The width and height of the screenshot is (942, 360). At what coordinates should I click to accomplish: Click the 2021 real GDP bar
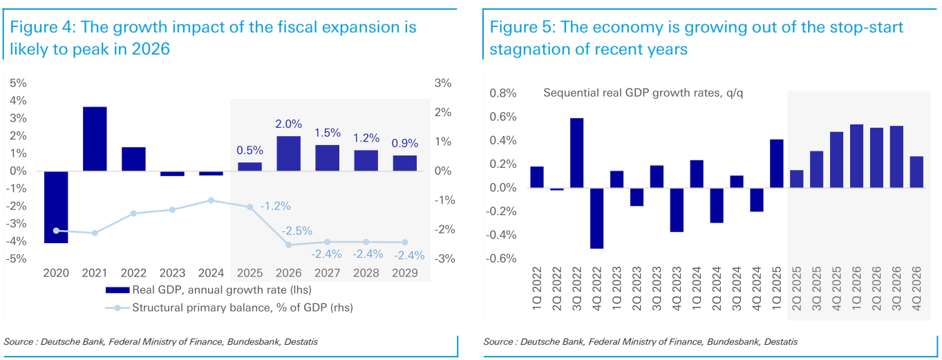95,139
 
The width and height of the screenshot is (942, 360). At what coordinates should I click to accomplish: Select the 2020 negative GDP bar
56,207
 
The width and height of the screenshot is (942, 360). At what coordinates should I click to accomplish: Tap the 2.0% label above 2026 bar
288,124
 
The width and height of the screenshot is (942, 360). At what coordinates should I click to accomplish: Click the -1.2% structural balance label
276,206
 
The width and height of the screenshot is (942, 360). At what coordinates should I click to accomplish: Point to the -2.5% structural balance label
298,231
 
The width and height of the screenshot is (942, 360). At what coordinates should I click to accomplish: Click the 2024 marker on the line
211,200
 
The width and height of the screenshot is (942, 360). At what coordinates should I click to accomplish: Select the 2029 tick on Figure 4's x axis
405,274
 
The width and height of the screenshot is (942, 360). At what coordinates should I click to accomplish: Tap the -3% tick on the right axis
442,259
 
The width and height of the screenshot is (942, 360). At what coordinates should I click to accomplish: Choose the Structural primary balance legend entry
228,307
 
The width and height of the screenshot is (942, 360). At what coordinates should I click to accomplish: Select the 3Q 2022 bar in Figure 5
576,153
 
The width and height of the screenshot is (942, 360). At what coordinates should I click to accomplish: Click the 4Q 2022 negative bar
596,218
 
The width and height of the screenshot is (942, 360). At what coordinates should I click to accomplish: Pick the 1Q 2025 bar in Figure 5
776,164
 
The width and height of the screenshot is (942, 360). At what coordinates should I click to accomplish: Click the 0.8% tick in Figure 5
503,93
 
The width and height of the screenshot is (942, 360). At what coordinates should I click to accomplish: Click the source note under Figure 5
640,342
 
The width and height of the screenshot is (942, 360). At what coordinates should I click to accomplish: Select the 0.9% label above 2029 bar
405,144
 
